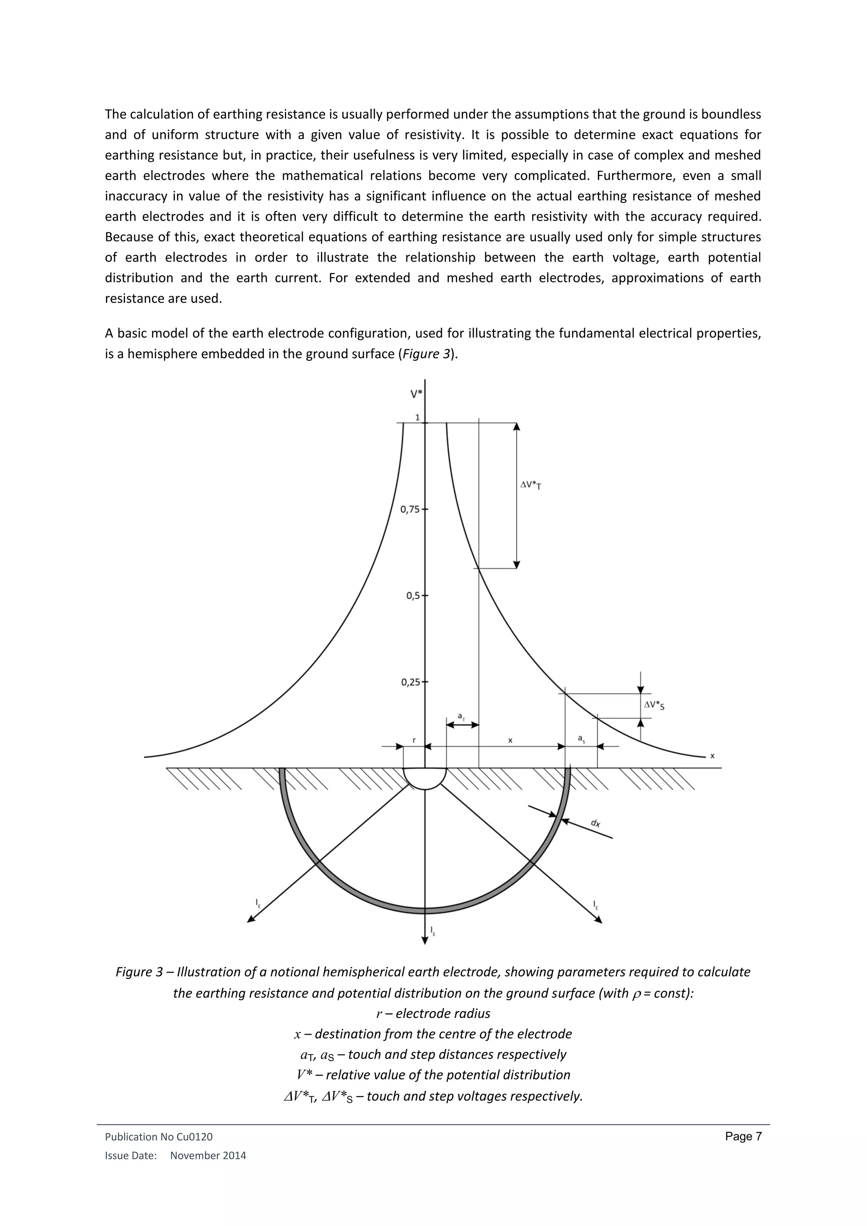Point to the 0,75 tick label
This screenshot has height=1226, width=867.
410,509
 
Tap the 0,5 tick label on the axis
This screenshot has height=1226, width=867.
413,595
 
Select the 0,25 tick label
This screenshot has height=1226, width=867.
410,682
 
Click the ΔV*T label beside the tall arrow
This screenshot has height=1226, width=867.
531,486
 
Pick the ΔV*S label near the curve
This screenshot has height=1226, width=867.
654,705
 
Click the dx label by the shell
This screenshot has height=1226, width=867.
595,823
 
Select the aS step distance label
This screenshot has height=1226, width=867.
581,738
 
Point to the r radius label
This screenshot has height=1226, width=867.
414,740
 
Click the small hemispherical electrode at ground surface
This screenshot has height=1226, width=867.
425,777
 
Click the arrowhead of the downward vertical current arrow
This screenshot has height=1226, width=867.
425,940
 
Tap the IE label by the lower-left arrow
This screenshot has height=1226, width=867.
258,903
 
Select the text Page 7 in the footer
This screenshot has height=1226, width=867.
743,1136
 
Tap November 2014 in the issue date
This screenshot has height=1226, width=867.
208,1156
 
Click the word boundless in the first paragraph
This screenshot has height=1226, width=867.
730,114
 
